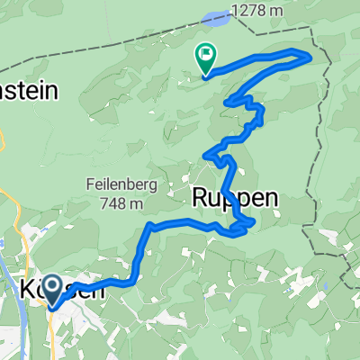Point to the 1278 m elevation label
(259, 12)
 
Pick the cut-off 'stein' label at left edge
(27, 90)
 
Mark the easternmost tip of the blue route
(310, 57)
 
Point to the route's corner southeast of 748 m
(148, 226)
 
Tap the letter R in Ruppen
(201, 198)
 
